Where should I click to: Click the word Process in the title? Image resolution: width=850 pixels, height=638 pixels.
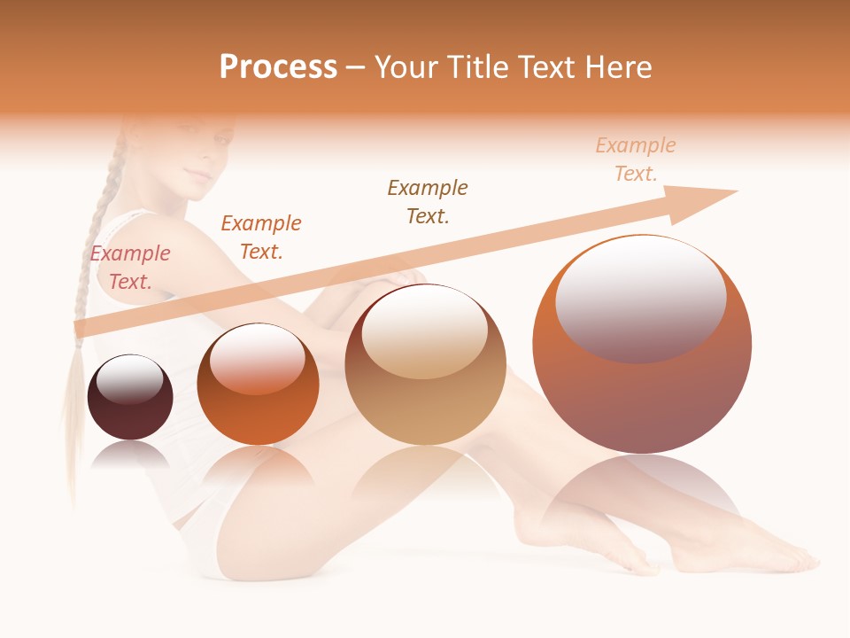[x=278, y=67]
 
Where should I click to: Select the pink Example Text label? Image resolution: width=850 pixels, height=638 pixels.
[x=129, y=268]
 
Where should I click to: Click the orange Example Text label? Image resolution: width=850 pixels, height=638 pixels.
[x=260, y=237]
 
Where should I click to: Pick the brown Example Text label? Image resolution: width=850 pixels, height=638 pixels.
[x=428, y=202]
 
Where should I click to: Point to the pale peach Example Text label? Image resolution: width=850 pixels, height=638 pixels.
[x=635, y=159]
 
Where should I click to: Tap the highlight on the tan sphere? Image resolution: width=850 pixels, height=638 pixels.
[x=425, y=332]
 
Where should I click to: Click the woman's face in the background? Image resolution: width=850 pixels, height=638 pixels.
[x=202, y=155]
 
